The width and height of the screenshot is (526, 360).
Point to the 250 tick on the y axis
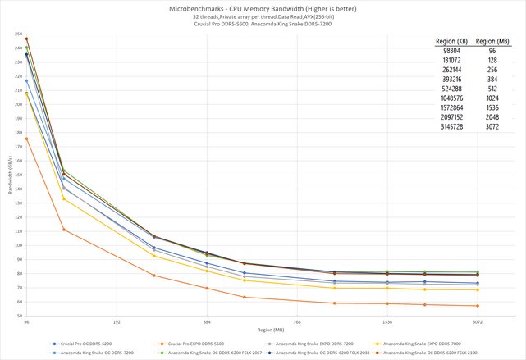[x=17, y=34]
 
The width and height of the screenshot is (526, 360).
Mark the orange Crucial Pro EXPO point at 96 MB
[x=27, y=139]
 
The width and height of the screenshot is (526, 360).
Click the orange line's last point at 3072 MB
[x=477, y=306]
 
